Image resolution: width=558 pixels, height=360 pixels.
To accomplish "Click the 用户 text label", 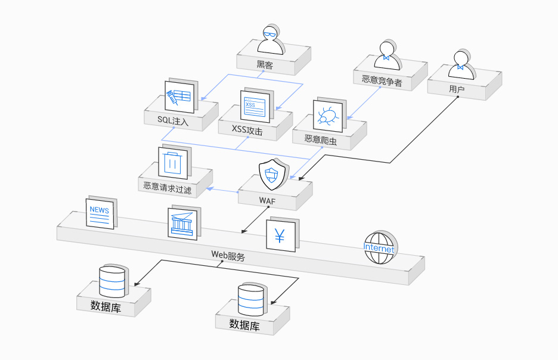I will click(x=457, y=90).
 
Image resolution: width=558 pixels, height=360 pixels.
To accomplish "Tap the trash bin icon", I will click(x=173, y=162).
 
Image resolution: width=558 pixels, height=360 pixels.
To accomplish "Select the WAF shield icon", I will click(x=271, y=175).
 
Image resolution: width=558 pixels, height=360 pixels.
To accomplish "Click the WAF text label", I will click(x=267, y=201).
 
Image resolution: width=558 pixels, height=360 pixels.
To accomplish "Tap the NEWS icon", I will click(x=99, y=213).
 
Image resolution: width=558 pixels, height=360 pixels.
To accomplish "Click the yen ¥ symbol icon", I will click(x=280, y=235).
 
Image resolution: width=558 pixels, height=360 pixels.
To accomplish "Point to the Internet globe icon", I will click(x=379, y=247).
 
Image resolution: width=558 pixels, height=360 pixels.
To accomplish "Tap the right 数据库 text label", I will click(x=244, y=325).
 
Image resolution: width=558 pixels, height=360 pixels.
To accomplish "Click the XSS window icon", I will click(x=255, y=107).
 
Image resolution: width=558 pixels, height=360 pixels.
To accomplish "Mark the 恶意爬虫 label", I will click(x=321, y=139).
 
